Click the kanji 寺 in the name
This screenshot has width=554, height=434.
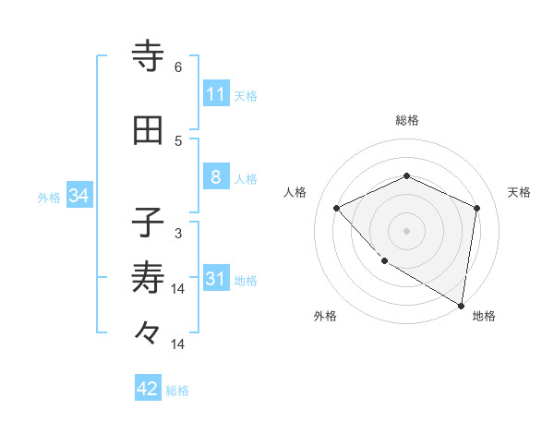148,56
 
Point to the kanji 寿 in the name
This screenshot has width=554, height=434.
148,278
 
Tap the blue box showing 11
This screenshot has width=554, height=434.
215,94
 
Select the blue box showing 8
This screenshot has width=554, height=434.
215,177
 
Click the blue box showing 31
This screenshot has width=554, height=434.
215,279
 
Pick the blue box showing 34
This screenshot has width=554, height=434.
78,196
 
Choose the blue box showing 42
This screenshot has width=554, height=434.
148,389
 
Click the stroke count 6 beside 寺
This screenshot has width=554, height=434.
178,67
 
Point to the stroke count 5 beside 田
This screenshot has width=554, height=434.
178,141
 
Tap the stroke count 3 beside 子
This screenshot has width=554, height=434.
178,234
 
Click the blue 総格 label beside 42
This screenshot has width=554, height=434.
177,391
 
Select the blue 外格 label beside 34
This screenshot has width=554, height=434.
48,197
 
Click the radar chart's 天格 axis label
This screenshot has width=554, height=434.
519,192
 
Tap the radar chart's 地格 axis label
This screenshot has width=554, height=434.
484,316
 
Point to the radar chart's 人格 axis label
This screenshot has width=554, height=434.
295,192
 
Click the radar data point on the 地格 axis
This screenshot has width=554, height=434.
461,305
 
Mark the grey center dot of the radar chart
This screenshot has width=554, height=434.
406,230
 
